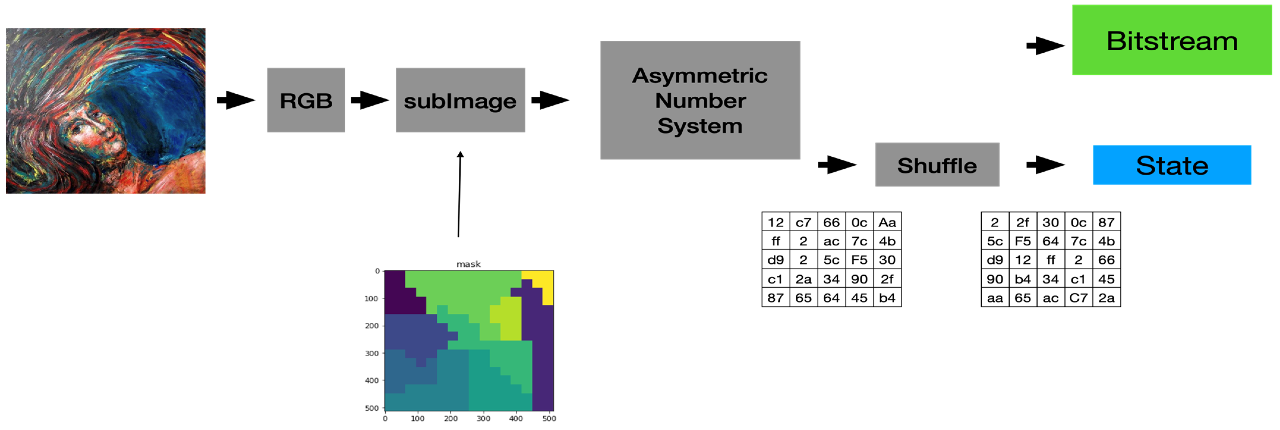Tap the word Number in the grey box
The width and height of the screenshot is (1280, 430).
(x=700, y=101)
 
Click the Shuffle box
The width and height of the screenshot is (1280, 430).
(x=937, y=165)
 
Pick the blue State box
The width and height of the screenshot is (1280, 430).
(x=1172, y=165)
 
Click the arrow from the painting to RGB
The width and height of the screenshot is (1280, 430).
(x=236, y=100)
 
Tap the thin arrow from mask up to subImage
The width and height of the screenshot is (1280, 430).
(x=459, y=194)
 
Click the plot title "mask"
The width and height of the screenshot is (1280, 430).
(x=468, y=264)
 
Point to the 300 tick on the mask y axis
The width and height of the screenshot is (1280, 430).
(x=372, y=353)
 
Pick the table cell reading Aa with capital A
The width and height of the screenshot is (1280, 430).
(x=887, y=222)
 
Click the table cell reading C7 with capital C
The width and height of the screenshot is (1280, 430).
(x=1078, y=298)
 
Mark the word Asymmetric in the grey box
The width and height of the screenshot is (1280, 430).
(x=700, y=76)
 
